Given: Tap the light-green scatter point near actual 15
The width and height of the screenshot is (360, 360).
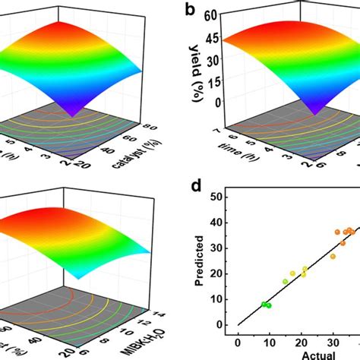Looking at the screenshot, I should click(286, 282).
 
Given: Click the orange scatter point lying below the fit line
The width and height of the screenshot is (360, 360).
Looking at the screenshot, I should click(333, 257).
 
